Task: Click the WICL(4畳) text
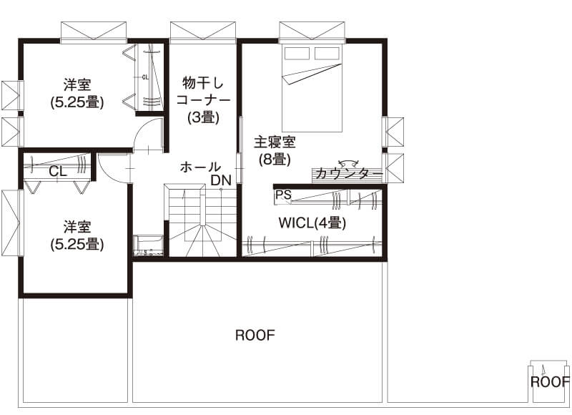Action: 312,223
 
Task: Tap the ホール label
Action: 200,167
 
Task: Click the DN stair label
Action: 221,180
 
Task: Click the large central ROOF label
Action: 255,335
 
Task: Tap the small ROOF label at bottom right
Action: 550,381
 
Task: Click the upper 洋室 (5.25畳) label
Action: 77,93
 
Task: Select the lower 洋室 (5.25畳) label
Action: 77,235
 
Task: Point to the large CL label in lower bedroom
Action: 59,172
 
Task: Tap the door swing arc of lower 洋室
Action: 111,170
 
